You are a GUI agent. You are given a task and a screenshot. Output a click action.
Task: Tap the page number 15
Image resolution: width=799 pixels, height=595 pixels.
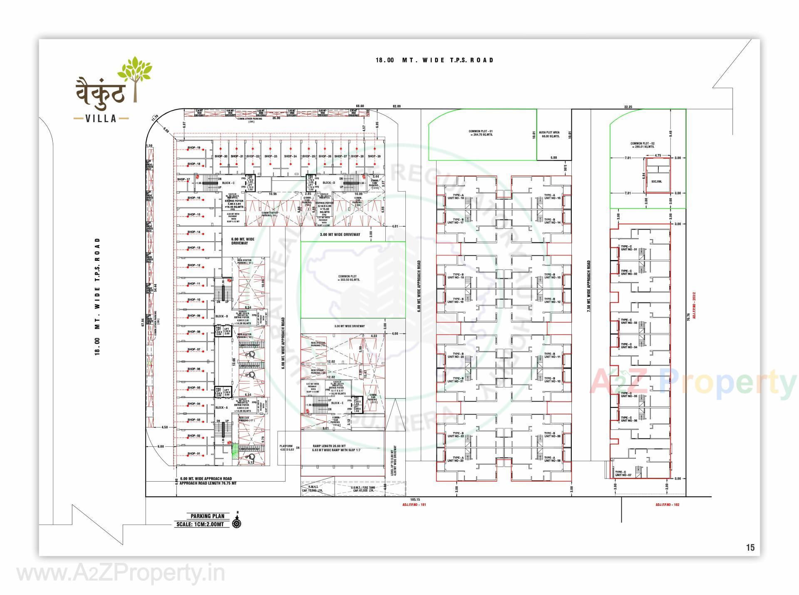(x=750, y=547)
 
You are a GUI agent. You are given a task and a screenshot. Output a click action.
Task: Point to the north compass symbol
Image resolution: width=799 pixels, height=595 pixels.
(x=237, y=522)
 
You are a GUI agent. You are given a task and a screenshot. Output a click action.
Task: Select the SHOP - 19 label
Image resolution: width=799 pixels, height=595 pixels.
(x=194, y=148)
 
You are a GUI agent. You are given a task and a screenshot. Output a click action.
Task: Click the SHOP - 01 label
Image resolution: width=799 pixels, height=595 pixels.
(x=194, y=454)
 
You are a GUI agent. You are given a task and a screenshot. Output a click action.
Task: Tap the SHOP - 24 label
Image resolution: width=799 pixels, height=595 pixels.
(x=290, y=156)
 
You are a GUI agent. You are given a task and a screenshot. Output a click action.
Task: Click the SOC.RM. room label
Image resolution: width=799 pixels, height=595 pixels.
(x=657, y=182)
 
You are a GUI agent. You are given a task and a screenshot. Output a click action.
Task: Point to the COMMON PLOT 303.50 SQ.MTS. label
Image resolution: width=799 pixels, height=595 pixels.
(x=349, y=278)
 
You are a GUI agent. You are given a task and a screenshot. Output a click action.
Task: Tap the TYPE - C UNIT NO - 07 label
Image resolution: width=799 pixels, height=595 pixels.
(x=623, y=474)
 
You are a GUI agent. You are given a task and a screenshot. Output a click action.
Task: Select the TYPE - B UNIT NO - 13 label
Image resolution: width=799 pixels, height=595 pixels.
(x=552, y=276)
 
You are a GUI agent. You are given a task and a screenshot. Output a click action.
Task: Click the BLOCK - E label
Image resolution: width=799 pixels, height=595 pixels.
(x=337, y=403)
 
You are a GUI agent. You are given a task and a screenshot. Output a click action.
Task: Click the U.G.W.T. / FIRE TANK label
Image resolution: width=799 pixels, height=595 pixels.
(x=361, y=489)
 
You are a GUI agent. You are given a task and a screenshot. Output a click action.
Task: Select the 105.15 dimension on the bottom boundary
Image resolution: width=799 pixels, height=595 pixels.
(x=414, y=499)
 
